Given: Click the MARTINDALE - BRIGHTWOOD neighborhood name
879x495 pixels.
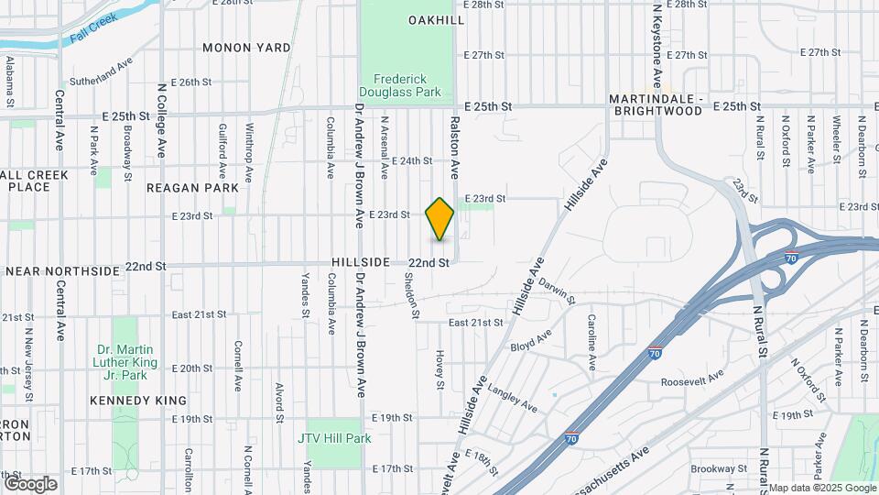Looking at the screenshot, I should click(657, 104).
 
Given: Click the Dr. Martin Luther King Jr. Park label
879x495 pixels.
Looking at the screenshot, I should click(126, 362).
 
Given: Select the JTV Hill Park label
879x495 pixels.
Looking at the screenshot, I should click(334, 438).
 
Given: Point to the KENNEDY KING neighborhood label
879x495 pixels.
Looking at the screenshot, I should click(138, 401).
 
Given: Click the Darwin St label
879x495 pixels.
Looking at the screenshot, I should click(556, 291).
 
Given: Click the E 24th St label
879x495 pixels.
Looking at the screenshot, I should click(411, 160).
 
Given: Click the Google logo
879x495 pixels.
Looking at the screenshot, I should click(30, 483).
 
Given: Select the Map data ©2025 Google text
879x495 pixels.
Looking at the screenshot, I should click(820, 488).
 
